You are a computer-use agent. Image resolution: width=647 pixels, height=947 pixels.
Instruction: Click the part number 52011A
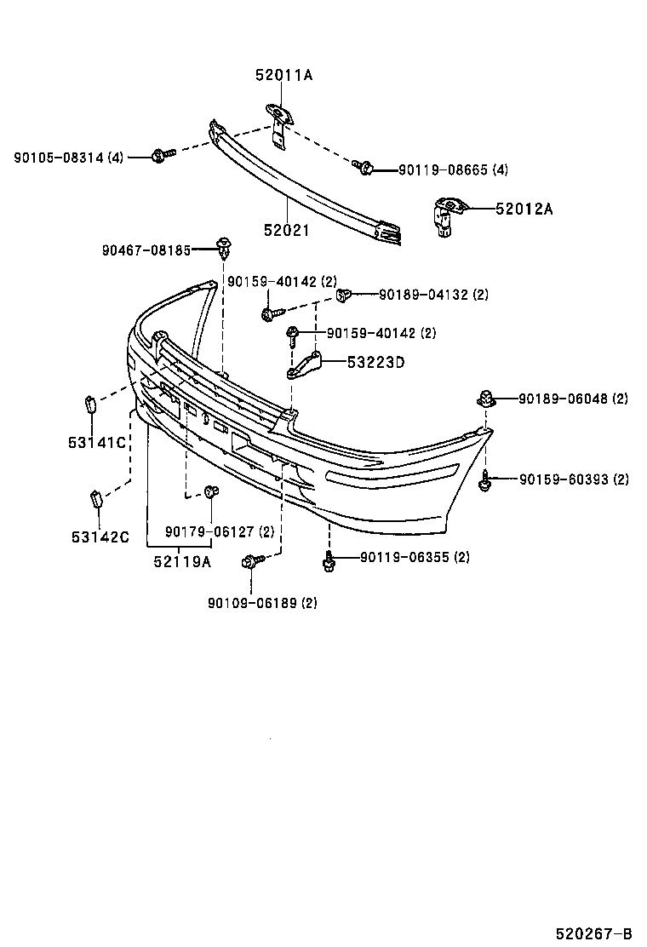coord(283,76)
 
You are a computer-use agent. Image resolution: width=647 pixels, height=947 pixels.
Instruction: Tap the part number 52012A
coord(524,209)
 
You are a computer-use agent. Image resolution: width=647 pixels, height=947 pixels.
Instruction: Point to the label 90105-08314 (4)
coord(68,158)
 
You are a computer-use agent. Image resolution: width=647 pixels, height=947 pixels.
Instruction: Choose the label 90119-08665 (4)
coord(453,170)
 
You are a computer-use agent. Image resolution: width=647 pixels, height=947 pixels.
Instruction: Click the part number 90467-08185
coord(146,250)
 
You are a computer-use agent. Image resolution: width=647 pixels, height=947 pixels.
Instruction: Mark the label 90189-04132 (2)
coord(433,295)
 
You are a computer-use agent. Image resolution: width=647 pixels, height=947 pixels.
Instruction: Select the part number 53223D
coord(375,362)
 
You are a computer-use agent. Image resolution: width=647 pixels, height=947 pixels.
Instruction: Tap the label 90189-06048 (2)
coord(571,399)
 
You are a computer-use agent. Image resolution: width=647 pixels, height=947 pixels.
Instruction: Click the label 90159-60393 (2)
coord(574,479)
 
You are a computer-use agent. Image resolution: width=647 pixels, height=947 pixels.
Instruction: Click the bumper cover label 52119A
coord(182,560)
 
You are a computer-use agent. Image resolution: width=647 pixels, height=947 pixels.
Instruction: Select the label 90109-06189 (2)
coord(262,603)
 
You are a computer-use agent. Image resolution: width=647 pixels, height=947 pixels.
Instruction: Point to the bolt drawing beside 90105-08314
coord(162,155)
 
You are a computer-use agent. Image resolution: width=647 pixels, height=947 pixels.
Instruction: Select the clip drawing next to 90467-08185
coord(225,248)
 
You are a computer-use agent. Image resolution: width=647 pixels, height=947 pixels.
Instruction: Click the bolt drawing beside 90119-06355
coord(329,561)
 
